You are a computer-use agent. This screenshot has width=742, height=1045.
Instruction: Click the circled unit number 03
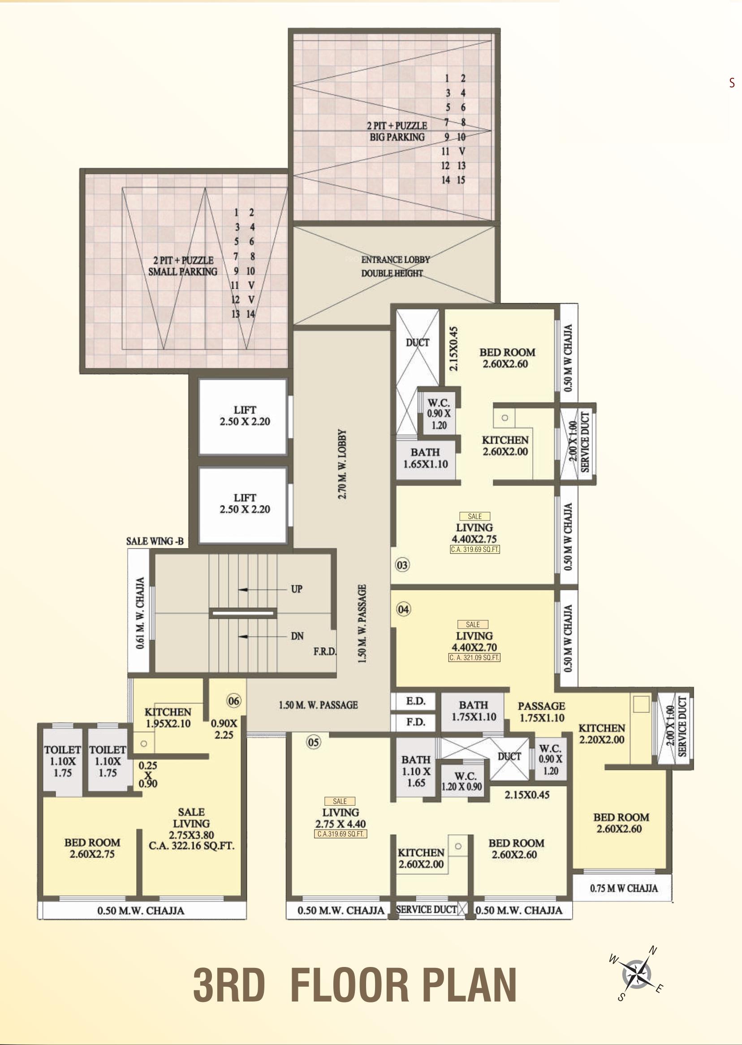(402, 565)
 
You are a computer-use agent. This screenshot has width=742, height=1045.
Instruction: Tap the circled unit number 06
(233, 701)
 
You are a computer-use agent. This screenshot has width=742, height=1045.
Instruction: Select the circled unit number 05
(314, 742)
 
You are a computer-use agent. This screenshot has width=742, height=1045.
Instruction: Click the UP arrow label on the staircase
(297, 589)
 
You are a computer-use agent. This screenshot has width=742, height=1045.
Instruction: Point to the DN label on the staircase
(297, 636)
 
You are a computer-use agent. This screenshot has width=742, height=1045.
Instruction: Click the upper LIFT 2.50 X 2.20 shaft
(245, 416)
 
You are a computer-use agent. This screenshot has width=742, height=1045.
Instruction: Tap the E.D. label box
(415, 701)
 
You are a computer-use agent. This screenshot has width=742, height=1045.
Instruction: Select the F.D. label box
(415, 722)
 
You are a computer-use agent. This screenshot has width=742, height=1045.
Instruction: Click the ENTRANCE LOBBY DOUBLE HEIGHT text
(395, 266)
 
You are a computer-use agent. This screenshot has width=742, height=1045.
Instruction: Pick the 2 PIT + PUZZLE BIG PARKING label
(397, 131)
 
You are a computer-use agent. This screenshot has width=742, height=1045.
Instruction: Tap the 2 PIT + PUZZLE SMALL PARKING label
(183, 266)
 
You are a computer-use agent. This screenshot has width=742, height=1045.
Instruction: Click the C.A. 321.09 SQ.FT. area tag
(474, 658)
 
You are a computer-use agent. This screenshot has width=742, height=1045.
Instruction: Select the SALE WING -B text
(155, 541)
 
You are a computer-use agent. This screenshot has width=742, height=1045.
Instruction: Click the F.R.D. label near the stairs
(325, 651)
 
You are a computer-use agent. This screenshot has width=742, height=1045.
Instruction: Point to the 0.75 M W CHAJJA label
(624, 888)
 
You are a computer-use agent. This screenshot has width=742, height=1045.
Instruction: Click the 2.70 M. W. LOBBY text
(343, 464)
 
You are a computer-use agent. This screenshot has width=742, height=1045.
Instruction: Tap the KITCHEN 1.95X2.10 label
(168, 718)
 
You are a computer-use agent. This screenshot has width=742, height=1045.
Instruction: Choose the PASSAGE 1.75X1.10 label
(541, 712)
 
